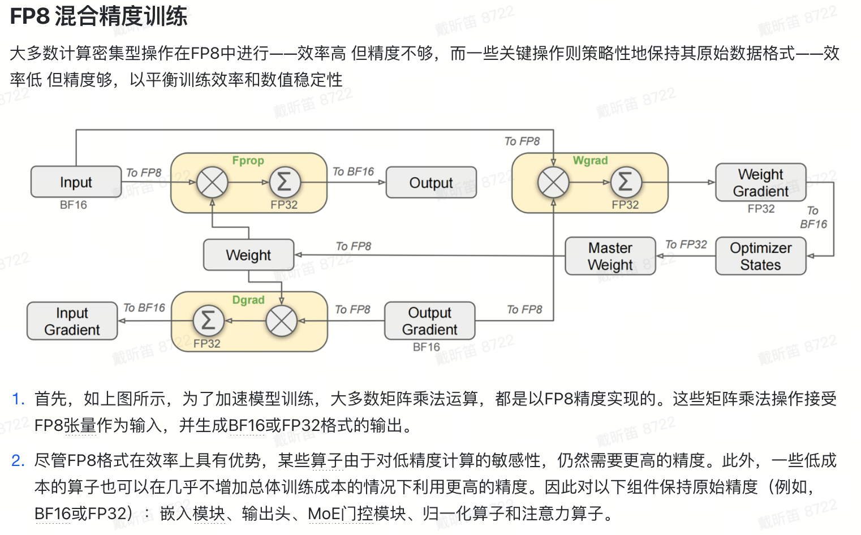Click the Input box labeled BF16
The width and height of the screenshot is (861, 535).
[x=76, y=182]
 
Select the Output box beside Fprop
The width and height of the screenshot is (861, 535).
[x=431, y=183]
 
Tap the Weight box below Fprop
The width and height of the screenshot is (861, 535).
[x=248, y=255]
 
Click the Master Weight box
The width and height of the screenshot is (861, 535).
[x=610, y=256]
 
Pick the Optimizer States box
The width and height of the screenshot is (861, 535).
[x=760, y=256]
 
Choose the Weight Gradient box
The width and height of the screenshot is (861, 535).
[x=760, y=183]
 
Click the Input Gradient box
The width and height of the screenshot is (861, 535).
[x=72, y=321]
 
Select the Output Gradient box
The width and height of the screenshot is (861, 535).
[x=430, y=321]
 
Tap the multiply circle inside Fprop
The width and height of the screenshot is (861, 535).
[x=212, y=182]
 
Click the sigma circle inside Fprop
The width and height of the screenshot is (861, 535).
[x=285, y=182]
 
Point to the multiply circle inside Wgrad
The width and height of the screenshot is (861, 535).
[x=553, y=182]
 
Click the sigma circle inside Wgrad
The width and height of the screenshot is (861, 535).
[x=626, y=182]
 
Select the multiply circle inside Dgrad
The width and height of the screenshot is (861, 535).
[x=281, y=321]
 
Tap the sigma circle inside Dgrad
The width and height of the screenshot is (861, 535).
[x=208, y=321]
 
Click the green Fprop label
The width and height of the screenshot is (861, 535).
[x=248, y=161]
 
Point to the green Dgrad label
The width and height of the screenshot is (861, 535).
[x=248, y=300]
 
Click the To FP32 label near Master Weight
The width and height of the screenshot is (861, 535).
[x=686, y=244]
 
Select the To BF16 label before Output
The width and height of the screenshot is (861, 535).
[x=353, y=171]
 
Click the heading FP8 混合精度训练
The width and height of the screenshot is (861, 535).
[x=99, y=16]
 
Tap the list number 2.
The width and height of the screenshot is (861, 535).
[x=18, y=460]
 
